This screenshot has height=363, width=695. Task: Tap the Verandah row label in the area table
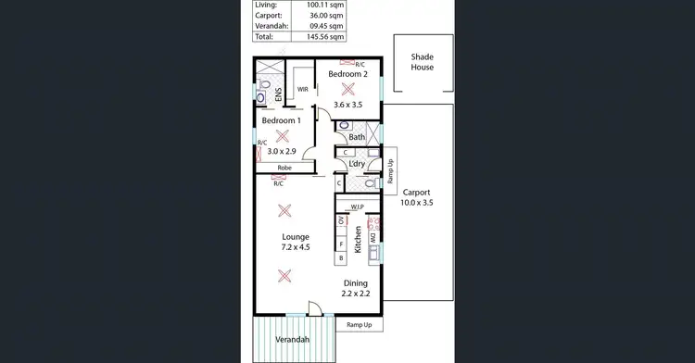(x=271, y=27)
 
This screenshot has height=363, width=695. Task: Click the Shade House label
(x=423, y=63)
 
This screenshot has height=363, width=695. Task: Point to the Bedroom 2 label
(x=347, y=73)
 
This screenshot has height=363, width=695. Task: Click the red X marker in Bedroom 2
(x=348, y=89)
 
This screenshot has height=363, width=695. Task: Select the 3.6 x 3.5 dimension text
(x=347, y=105)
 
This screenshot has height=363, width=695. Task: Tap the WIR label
(x=302, y=89)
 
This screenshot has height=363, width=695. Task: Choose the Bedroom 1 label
(x=281, y=120)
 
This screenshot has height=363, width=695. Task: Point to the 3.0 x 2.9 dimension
(x=282, y=151)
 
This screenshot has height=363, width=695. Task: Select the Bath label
(x=357, y=138)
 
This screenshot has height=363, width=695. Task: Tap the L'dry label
(x=357, y=164)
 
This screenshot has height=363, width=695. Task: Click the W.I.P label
(x=357, y=207)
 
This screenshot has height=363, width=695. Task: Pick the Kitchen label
(x=358, y=241)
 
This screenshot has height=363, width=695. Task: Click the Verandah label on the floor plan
(x=292, y=340)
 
